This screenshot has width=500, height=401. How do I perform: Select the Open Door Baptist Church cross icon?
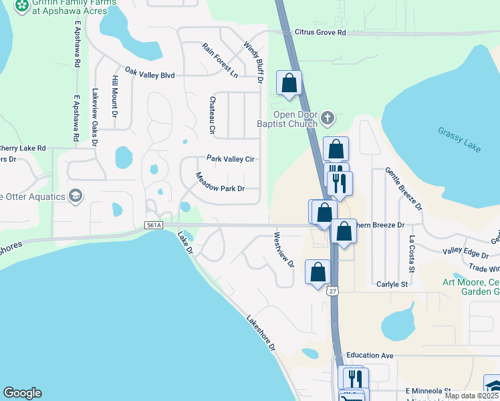coord(327,118)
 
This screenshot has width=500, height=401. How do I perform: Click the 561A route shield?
coord(154,226)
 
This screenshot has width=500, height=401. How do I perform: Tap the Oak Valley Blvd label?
coord(150,76)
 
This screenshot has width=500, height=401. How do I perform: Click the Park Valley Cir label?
coord(231,159)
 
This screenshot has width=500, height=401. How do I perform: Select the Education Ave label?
coord(368,356)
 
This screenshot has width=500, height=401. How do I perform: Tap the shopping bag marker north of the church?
coord(289,84)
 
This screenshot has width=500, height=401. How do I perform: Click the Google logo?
coord(22,394)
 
